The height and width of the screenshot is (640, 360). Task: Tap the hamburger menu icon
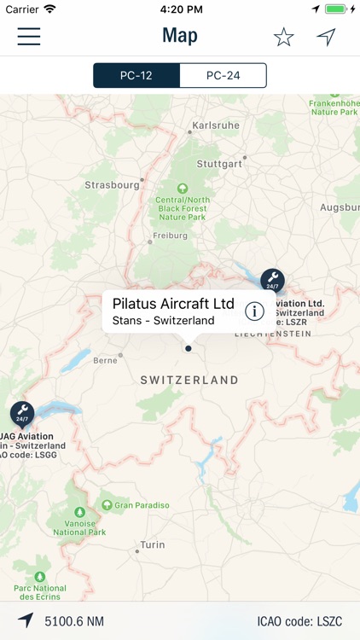click(29, 37)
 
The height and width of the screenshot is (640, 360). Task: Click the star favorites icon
click(283, 37)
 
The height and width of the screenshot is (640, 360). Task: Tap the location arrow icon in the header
click(326, 37)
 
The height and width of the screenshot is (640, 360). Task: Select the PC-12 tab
click(136, 75)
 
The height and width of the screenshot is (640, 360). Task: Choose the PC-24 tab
click(223, 75)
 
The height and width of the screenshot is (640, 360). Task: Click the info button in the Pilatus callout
click(254, 311)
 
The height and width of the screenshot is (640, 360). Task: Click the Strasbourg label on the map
click(112, 184)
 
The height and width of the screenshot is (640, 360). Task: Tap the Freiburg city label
click(169, 236)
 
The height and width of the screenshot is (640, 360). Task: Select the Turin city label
click(153, 544)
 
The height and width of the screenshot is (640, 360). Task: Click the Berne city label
click(105, 360)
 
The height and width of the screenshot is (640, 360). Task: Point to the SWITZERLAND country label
click(189, 380)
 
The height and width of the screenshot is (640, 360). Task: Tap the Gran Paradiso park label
click(142, 505)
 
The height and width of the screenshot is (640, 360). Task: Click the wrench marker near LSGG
click(22, 414)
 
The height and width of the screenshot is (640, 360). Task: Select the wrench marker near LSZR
click(272, 280)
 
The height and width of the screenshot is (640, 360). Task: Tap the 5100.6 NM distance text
click(74, 621)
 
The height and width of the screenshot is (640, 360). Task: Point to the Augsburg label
click(340, 207)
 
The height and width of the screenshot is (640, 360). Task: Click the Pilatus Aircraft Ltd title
click(173, 304)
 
